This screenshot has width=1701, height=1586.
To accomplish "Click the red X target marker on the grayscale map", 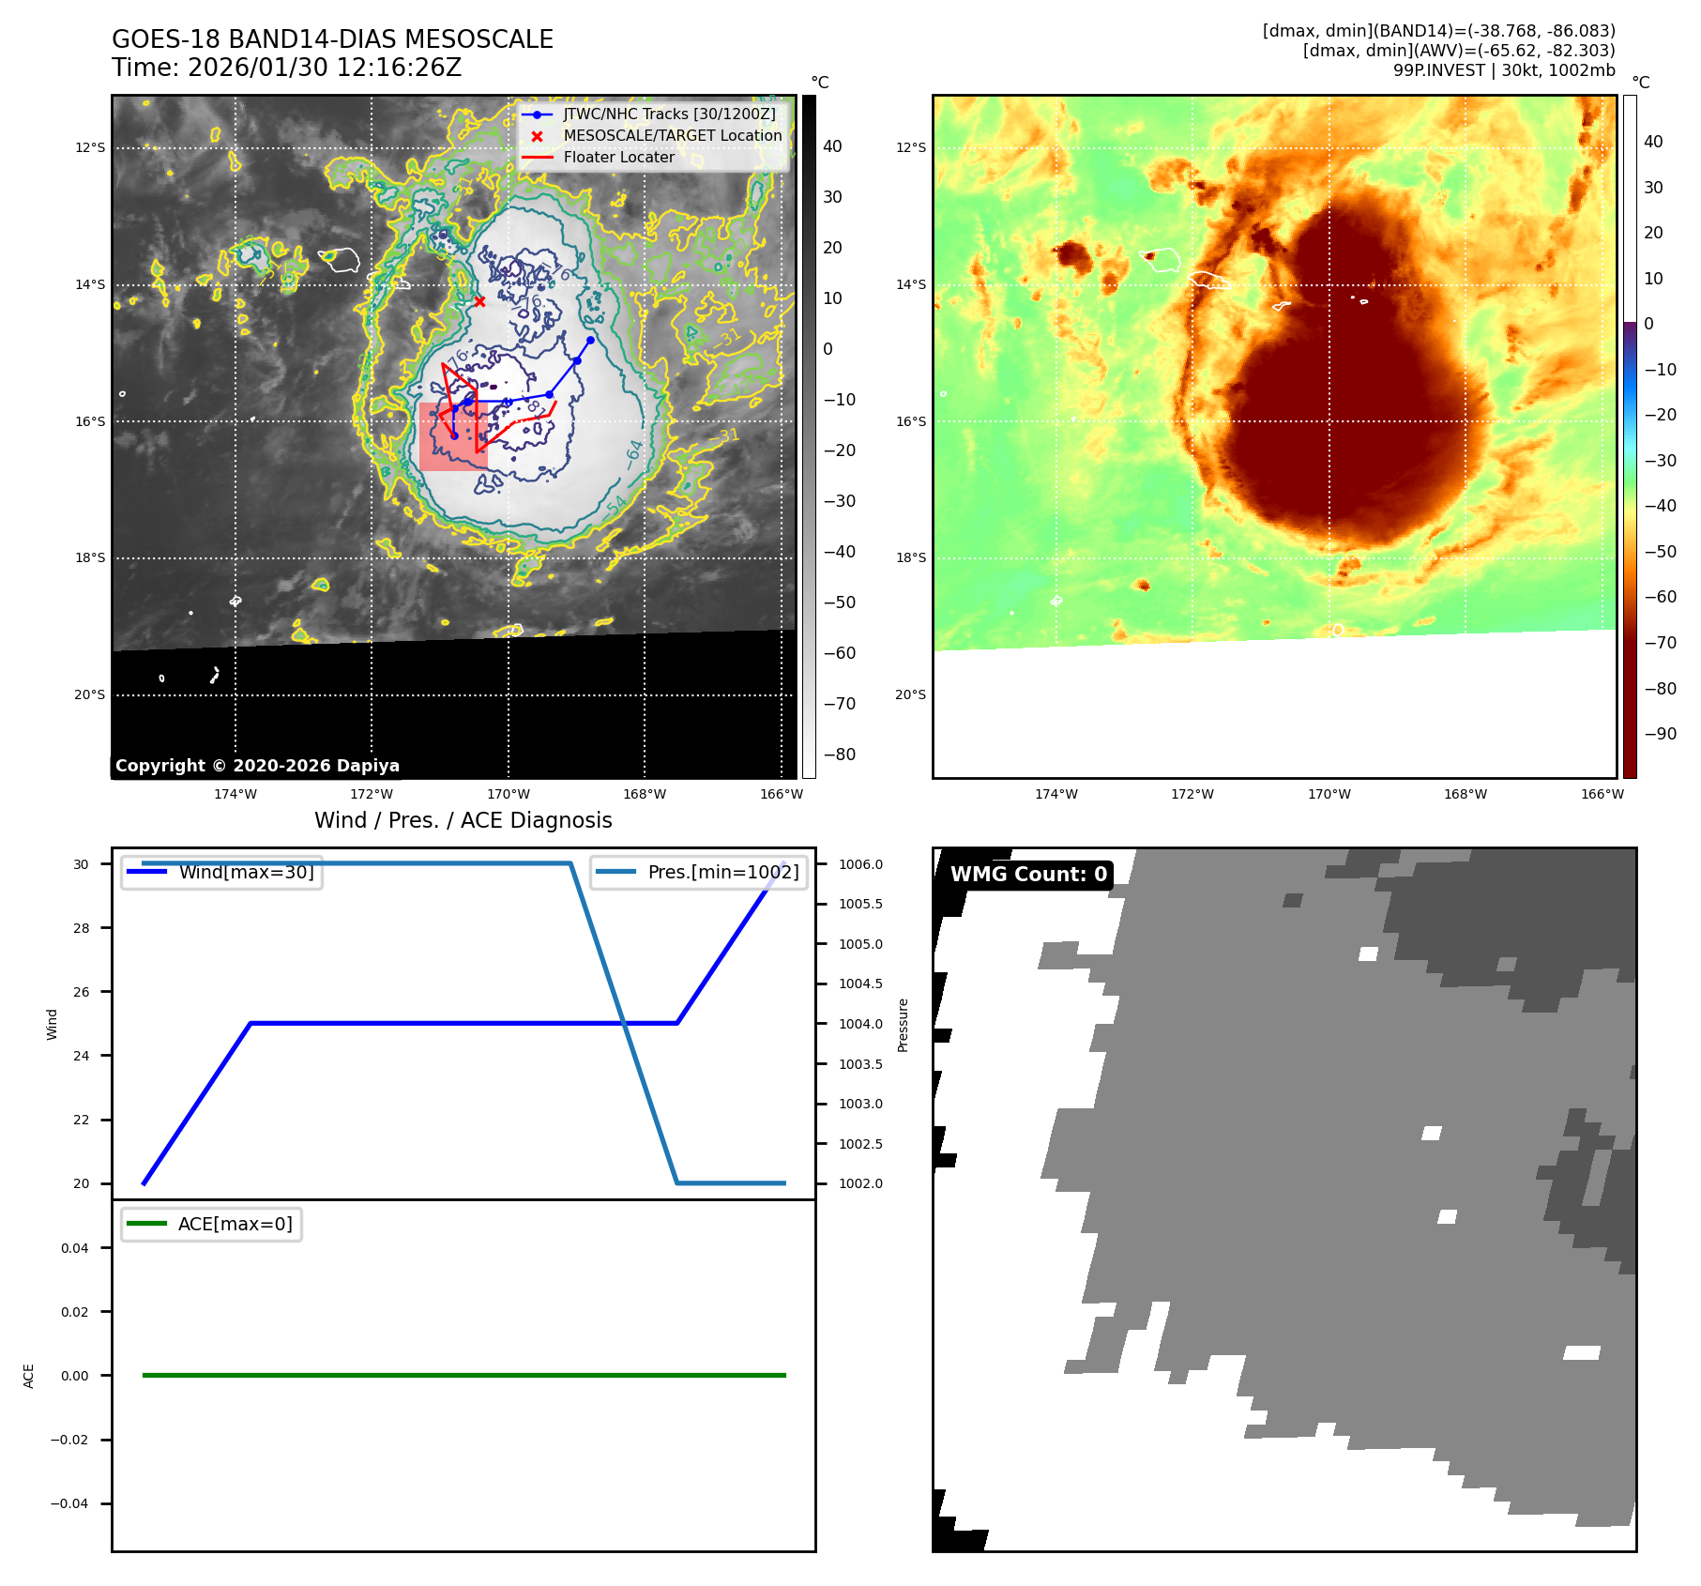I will click(479, 302).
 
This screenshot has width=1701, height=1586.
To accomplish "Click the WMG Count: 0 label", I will click(1028, 875).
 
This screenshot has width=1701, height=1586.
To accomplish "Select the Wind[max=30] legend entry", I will click(246, 873).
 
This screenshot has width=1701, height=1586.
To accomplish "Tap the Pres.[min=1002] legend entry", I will click(722, 873).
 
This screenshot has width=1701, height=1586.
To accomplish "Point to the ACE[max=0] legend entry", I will click(235, 1225).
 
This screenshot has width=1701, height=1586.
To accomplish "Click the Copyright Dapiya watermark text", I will click(257, 766).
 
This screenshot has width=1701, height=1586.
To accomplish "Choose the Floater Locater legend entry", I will click(618, 158).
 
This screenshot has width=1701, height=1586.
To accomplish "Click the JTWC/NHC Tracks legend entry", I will click(669, 114).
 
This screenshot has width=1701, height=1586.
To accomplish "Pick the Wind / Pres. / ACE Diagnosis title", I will click(463, 821).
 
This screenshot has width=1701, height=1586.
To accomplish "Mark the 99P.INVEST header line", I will click(1503, 70).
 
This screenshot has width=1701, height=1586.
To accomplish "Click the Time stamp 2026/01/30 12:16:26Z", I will click(286, 69).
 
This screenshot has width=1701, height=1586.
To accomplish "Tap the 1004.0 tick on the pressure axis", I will click(860, 1025).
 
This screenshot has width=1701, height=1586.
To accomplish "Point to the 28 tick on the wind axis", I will click(83, 929).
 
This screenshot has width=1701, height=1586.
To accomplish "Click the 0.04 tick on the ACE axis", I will click(75, 1249).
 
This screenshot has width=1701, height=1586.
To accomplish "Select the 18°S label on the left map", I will click(90, 558).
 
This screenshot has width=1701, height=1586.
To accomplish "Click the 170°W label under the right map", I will click(1329, 795).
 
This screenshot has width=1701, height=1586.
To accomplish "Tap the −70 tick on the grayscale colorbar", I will click(839, 704).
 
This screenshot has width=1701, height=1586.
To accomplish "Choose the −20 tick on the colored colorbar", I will click(1660, 416).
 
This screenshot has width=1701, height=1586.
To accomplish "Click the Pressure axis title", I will click(903, 1025).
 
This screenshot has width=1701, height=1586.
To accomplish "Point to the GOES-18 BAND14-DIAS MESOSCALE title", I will click(332, 40).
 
